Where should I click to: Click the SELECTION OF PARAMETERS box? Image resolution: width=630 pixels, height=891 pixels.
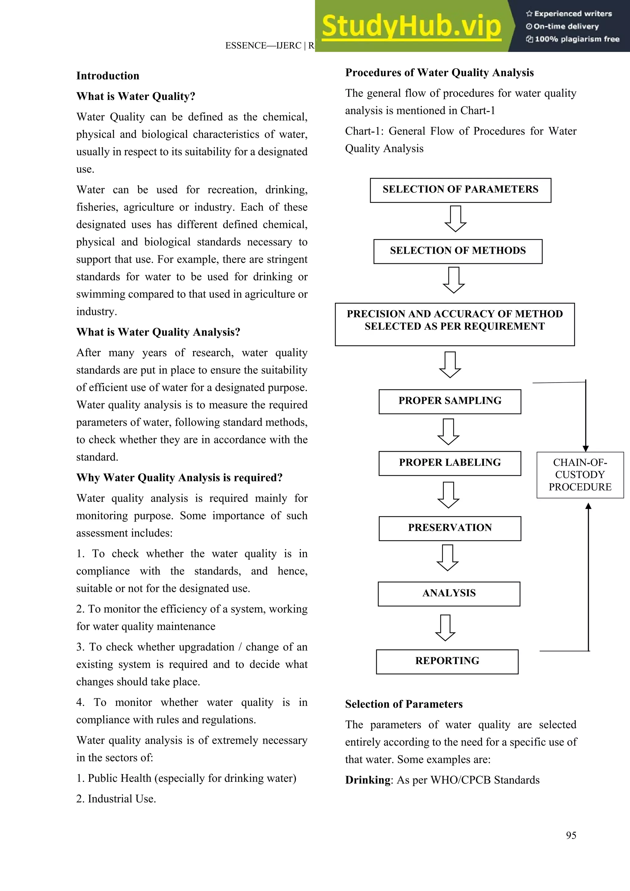pos(461,190)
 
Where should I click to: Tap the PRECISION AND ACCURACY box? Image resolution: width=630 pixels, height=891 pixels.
pos(455,324)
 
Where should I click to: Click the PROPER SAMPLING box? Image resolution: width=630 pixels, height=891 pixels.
pos(450,401)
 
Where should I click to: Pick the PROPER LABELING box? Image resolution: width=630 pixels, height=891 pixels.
pos(450,463)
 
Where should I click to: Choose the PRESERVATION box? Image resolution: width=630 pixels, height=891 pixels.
pos(450,528)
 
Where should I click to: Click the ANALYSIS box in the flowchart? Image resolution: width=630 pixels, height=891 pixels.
pos(449,593)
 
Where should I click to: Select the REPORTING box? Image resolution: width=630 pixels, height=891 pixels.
pos(447,661)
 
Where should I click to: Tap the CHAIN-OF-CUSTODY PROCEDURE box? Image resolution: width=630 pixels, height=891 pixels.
pos(580,475)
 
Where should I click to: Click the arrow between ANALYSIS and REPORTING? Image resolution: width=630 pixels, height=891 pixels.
pos(445,627)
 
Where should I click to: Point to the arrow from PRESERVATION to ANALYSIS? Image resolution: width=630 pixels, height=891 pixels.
pos(448,557)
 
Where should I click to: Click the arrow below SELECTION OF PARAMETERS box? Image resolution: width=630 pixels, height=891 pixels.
pos(455,218)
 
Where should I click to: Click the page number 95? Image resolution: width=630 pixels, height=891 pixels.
pos(571,835)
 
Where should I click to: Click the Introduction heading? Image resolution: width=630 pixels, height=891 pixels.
pos(108,76)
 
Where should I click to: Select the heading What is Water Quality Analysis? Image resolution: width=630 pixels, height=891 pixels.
pos(158,332)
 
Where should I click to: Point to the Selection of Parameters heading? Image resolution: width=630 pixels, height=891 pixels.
pos(404,704)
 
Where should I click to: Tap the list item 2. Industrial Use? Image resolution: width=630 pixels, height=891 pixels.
pos(116,799)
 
